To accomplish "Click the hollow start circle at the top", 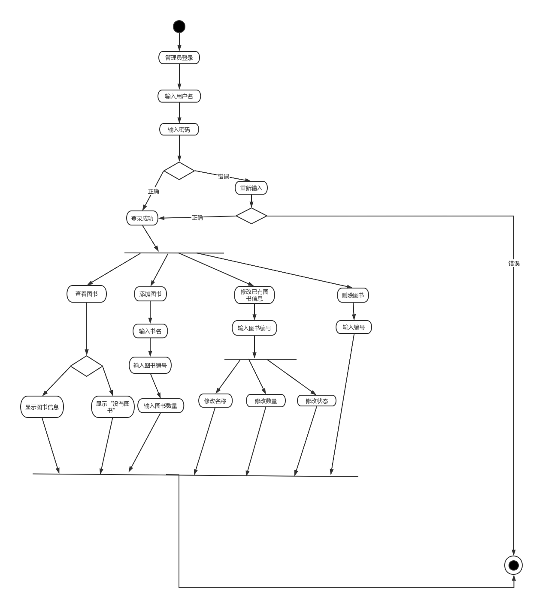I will coord(179,27).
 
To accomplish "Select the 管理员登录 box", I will coord(179,58).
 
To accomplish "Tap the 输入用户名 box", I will coord(179,96).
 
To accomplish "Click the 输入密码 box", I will coord(179,129).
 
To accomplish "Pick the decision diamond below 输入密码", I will coord(179,171).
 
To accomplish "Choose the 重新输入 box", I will coord(251,188).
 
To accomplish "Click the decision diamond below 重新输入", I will coord(251,216).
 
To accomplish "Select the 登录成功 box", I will coord(142,218).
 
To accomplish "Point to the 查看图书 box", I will coord(87,294).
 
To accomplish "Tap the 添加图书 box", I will coord(150,294).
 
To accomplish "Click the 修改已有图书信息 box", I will coord(254,295).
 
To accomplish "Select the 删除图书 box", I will coord(353,295).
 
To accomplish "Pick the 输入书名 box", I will coord(150,331).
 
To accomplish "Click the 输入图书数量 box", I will coord(160,406).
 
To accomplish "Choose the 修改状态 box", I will coord(317,401).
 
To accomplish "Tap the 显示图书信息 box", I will coord(42,407).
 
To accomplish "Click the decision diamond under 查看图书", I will coord(87,366).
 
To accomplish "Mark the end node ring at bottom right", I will coord(513,565).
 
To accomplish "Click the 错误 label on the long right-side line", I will coord(514,263).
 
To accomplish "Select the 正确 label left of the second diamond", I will coord(197,218).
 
